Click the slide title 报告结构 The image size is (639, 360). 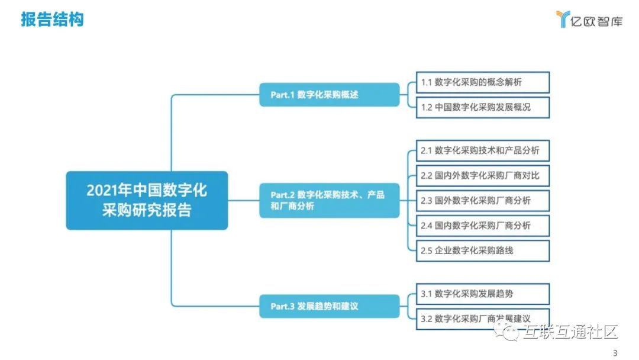(53, 19)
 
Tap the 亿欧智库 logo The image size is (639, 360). (589, 20)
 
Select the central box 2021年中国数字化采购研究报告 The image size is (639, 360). (147, 200)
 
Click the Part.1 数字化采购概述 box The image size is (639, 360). (329, 95)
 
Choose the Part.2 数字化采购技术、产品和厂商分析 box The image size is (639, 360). (329, 200)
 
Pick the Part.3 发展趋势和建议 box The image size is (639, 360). (329, 306)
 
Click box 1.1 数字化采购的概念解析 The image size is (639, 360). (483, 83)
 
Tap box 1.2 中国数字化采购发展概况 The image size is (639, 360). (483, 108)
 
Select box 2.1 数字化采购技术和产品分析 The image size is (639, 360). (483, 150)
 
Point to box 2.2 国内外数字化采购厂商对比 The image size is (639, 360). (483, 175)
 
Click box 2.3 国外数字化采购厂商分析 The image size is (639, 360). (483, 200)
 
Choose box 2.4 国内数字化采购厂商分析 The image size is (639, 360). (483, 225)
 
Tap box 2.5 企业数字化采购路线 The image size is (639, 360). (483, 250)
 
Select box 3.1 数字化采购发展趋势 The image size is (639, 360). (483, 294)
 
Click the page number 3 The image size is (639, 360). (615, 353)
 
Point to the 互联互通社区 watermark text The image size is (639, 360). (569, 333)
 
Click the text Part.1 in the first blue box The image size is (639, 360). (282, 95)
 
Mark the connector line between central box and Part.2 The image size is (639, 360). (243, 200)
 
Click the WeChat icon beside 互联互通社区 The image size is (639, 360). (508, 333)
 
